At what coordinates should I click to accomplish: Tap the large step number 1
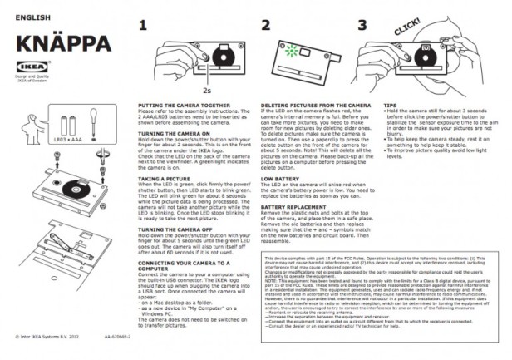pyautogui.click(x=143, y=28)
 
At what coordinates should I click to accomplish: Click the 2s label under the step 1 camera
pyautogui.click(x=204, y=86)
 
